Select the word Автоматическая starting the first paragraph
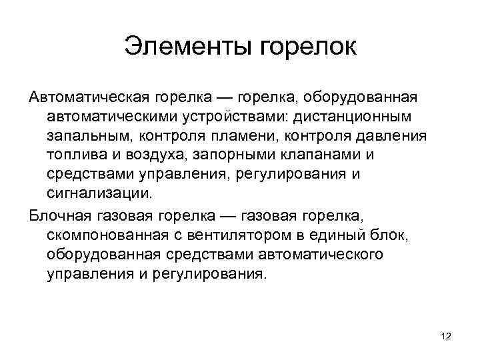(89, 97)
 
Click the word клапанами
(320, 155)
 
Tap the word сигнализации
(99, 194)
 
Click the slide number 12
(446, 337)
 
